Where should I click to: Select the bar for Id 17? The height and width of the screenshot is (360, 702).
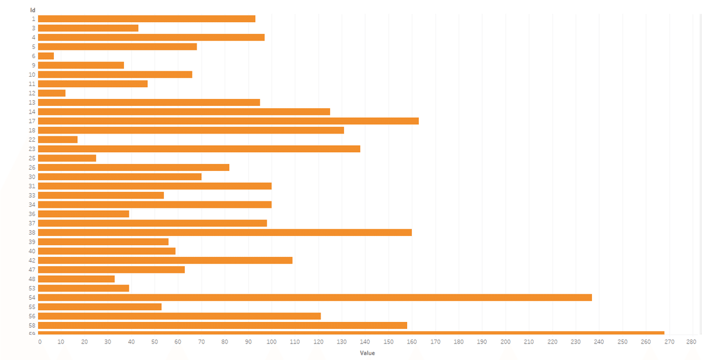tap(228, 121)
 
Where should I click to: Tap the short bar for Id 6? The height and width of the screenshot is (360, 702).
tap(46, 56)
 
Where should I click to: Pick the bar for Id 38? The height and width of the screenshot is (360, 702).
tap(225, 232)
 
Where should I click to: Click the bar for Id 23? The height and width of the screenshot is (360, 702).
tap(199, 149)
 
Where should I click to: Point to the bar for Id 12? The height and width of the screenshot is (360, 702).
tap(51, 93)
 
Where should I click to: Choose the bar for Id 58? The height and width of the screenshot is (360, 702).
tap(222, 325)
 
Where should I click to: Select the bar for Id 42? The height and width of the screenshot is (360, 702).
tap(165, 260)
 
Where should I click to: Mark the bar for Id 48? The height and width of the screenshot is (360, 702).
tap(76, 279)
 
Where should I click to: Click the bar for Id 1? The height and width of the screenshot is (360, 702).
tap(146, 19)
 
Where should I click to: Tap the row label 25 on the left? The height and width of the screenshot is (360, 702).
tap(32, 158)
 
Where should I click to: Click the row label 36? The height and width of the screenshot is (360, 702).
tap(32, 214)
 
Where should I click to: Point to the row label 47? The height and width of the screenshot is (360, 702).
tap(32, 270)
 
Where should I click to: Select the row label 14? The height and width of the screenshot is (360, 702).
tap(32, 112)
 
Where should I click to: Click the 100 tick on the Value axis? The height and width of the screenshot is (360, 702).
tap(271, 341)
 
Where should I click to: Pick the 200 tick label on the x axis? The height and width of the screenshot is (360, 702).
tap(505, 341)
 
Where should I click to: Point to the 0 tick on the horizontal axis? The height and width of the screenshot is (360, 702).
tap(40, 341)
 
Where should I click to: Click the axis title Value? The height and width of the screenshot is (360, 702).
tap(367, 353)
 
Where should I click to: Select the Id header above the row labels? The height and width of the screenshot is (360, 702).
tap(33, 10)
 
